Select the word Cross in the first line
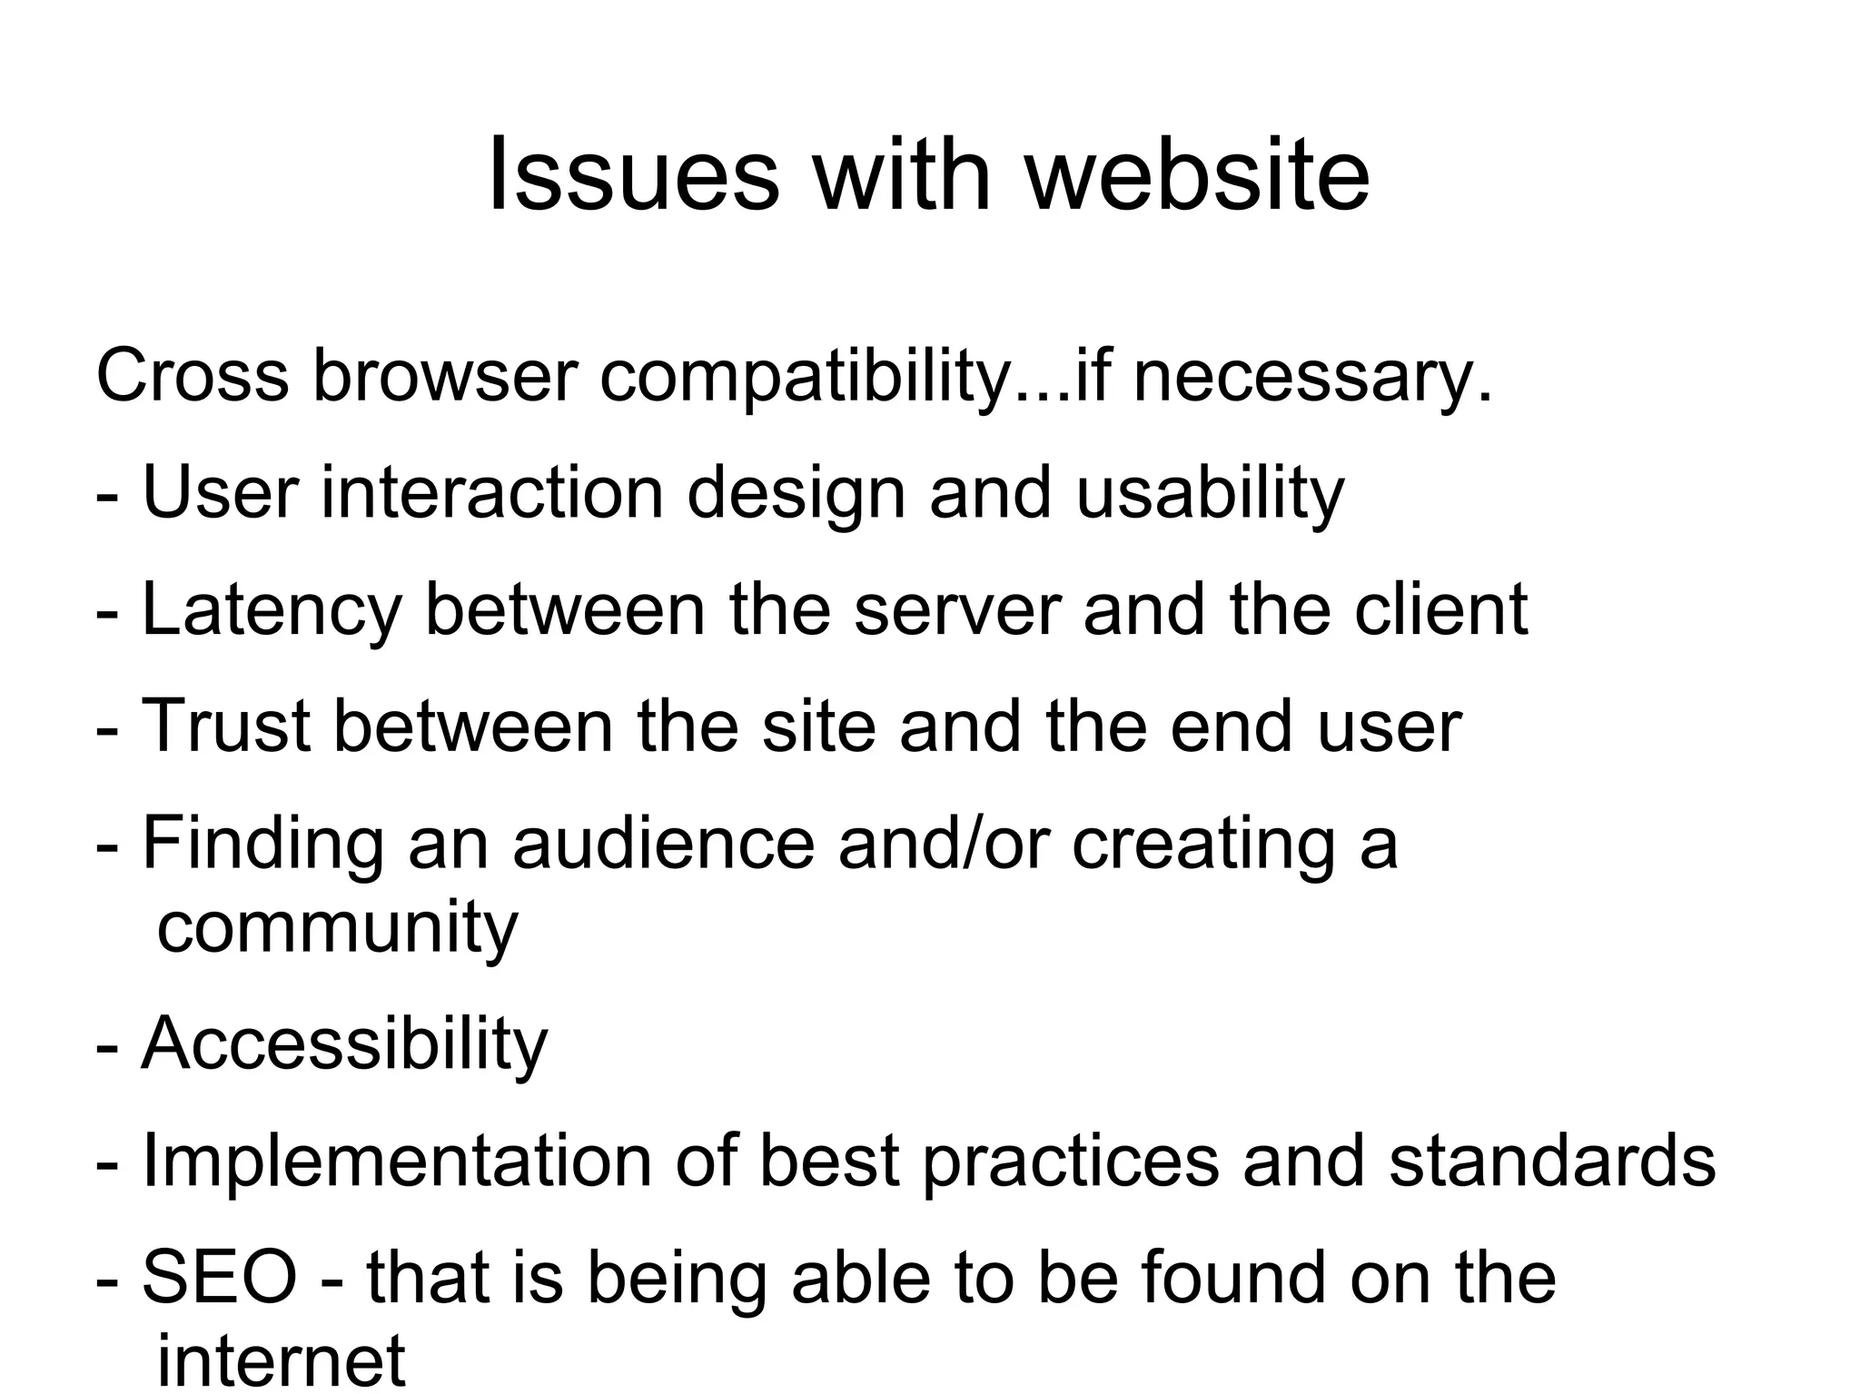click(x=192, y=375)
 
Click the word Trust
click(x=226, y=726)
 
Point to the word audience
click(x=663, y=844)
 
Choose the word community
click(x=337, y=929)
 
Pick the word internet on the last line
click(x=281, y=1359)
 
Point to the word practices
click(x=1071, y=1163)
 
